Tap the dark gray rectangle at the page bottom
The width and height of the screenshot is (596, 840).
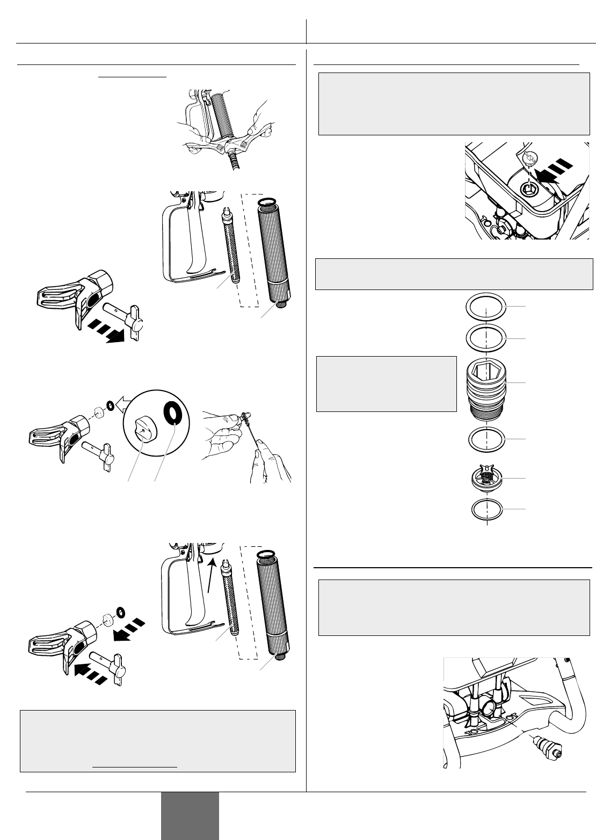click(190, 815)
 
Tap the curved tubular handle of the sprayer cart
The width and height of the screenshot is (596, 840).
click(574, 709)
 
